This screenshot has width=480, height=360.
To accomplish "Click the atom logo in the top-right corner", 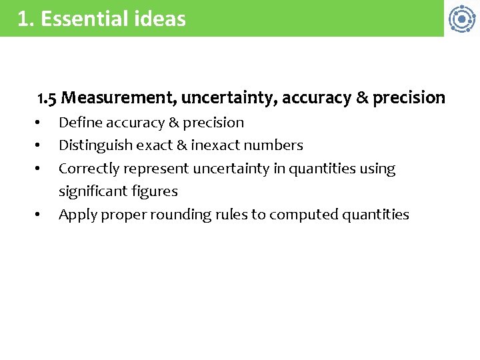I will coord(461,19).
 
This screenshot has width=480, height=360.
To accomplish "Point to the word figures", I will coord(155,191).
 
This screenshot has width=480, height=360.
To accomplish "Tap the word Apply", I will coord(76,215).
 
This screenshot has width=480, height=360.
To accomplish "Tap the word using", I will coord(377,169).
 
